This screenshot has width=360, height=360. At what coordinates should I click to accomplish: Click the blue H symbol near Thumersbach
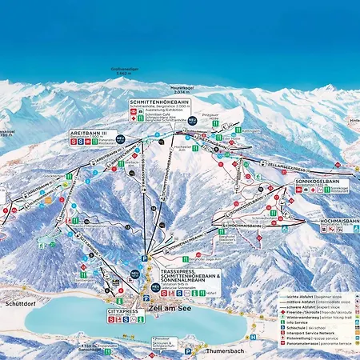pos(251,337)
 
